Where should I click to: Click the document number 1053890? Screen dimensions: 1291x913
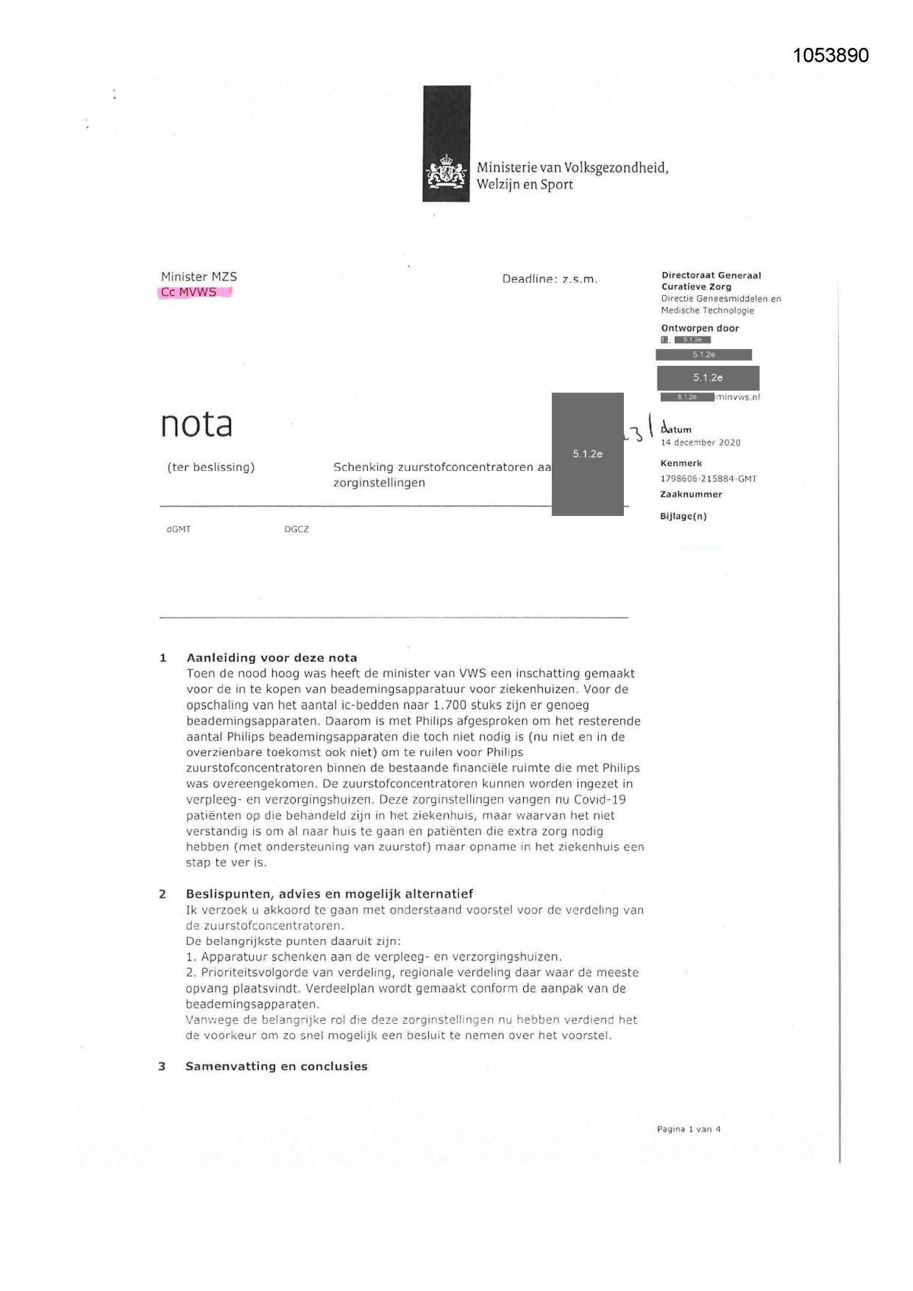tap(831, 56)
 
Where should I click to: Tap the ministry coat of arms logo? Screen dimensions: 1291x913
tap(446, 174)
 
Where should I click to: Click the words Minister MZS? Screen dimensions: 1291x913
tap(199, 277)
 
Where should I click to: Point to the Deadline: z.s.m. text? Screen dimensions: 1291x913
tap(550, 279)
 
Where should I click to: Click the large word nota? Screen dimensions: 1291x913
tap(196, 424)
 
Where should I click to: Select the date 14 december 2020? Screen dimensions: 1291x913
tap(700, 442)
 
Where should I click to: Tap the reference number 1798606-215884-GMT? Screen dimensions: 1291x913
tap(708, 478)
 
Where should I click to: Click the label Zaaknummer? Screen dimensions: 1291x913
tap(691, 495)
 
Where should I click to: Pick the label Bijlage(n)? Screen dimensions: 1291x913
tap(683, 516)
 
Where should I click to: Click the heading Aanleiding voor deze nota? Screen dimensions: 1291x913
tap(271, 658)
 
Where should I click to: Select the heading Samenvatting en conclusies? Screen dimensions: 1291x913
tap(276, 1066)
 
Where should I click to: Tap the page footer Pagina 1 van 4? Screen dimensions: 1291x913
tap(689, 1129)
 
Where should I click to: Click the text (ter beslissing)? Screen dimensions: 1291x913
tap(210, 467)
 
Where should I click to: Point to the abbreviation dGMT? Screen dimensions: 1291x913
tap(179, 529)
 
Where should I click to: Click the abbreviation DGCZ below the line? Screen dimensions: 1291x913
tap(296, 529)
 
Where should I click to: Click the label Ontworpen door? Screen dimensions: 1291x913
tap(700, 328)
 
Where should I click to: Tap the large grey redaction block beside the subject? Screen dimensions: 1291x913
tap(587, 454)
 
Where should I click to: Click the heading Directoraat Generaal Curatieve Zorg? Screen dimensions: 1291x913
tap(711, 280)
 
